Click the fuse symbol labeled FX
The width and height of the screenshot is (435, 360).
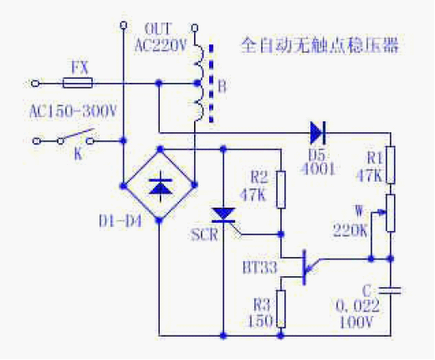click(78, 83)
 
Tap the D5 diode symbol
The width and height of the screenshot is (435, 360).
click(318, 133)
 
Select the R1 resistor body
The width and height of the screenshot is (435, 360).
click(391, 165)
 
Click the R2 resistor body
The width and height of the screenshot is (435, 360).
click(281, 190)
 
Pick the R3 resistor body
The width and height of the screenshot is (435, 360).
click(281, 309)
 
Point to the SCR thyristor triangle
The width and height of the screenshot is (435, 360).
click(223, 215)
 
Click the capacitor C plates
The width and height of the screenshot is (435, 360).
click(391, 291)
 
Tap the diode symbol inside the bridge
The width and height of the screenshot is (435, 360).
click(161, 187)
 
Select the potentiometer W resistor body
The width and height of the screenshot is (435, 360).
click(391, 213)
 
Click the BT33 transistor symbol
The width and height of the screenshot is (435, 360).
click(304, 267)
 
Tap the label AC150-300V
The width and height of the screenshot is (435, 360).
click(73, 111)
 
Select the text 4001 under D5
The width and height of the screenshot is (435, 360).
click(318, 168)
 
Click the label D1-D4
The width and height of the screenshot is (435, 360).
click(120, 221)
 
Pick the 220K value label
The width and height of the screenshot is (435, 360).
click(351, 230)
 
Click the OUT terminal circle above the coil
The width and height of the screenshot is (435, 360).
click(195, 28)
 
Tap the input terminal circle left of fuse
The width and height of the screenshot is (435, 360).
click(35, 83)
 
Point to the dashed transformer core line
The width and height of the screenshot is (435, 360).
click(212, 83)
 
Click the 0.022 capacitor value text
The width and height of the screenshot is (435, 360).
click(357, 306)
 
